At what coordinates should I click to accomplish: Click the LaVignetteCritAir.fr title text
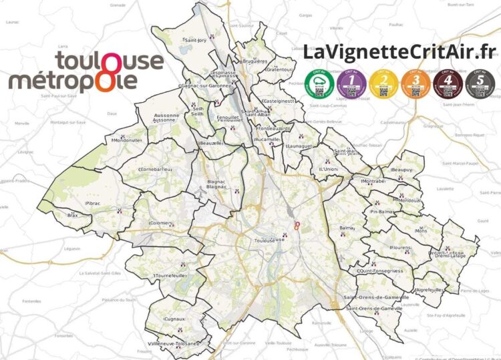(399, 52)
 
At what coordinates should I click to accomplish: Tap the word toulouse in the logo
(109, 61)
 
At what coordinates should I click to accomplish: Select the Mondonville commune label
(127, 140)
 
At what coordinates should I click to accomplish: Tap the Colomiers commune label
(161, 223)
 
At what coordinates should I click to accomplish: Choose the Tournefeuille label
(170, 275)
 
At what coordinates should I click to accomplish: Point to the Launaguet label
(299, 145)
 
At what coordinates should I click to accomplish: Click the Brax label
(73, 216)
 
